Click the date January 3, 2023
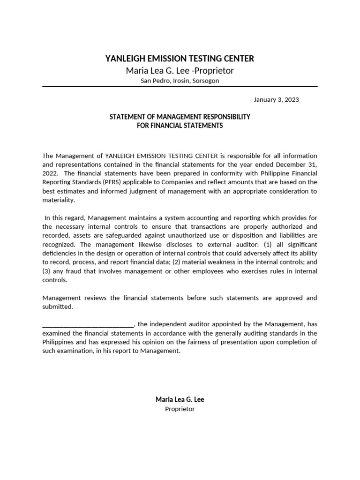pos(276,99)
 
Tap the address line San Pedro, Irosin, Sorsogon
pos(180,81)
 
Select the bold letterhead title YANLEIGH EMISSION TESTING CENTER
pos(180,59)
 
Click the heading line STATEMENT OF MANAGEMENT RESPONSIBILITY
pos(180,116)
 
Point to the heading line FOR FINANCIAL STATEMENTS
pos(180,126)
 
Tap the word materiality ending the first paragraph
pos(58,200)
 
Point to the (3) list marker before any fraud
pos(47,271)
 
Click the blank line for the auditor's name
pos(88,324)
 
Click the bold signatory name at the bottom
pos(180,399)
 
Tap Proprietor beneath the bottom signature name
pos(180,409)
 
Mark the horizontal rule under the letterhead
pos(180,87)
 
